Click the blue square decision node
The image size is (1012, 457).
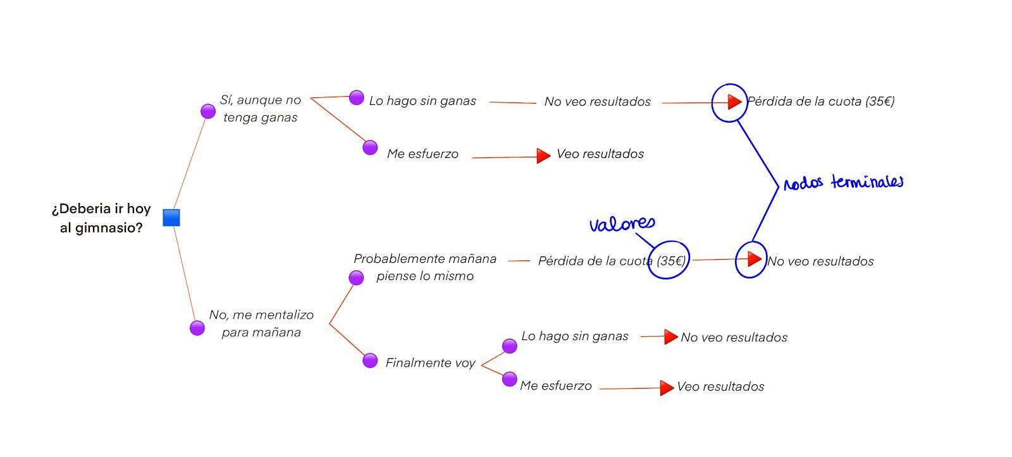[171, 217]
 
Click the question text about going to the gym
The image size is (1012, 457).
[101, 218]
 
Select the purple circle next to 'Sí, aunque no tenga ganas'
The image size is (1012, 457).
[208, 111]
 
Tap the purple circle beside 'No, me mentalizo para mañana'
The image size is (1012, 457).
[197, 328]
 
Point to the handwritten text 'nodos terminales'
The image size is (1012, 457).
[843, 183]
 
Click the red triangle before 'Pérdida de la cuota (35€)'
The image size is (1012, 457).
[734, 101]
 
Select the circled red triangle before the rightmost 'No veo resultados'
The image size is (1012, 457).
[753, 259]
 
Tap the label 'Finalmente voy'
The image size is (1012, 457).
[430, 363]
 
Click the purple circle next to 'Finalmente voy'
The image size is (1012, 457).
[370, 360]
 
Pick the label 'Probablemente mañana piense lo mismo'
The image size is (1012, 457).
[425, 267]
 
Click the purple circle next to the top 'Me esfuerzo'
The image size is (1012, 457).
[370, 147]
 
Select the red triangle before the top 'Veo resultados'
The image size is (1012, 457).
[543, 155]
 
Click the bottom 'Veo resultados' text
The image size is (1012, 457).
[720, 386]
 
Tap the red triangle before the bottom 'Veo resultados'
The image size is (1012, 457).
[666, 387]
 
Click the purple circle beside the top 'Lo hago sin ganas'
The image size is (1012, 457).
[357, 97]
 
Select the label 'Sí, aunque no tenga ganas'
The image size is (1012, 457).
[261, 108]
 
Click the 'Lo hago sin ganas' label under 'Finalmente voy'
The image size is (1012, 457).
[575, 336]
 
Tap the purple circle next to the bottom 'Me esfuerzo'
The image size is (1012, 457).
[510, 379]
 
